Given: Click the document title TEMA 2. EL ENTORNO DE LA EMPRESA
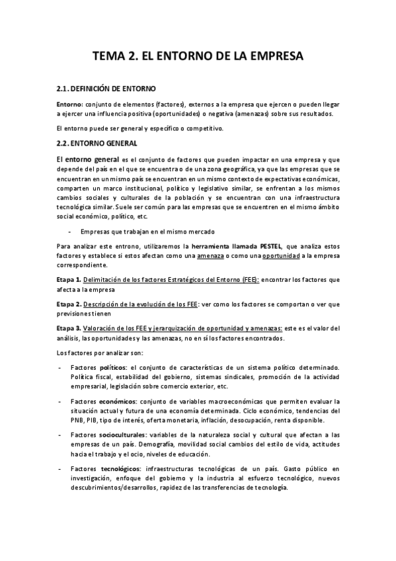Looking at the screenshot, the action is coord(198,57).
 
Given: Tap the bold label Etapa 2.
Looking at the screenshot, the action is coord(68,304).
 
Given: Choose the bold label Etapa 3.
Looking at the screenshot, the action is coord(68,328).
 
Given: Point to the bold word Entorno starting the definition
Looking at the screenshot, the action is coord(69,105).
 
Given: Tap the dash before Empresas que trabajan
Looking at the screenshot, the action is coord(70,232).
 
